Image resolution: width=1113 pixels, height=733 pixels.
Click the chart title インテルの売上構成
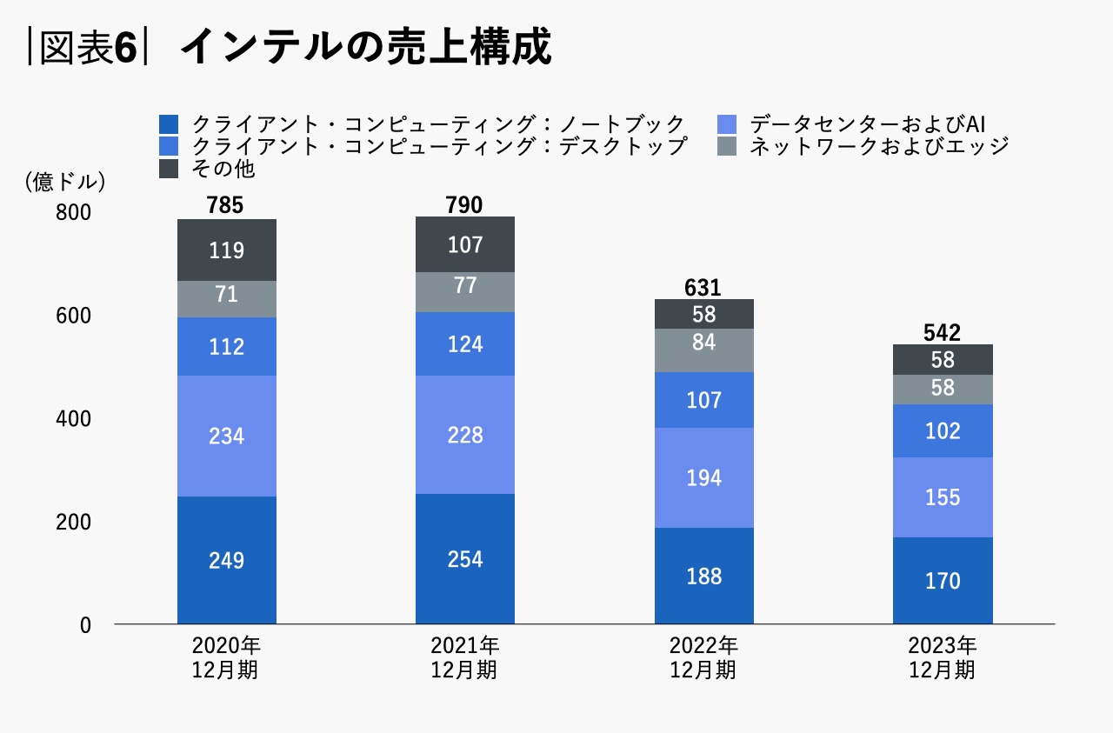(365, 48)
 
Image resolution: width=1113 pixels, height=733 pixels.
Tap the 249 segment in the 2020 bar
(227, 560)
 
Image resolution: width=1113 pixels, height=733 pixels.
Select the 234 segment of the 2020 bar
(227, 436)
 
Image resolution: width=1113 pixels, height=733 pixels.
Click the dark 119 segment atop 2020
(227, 250)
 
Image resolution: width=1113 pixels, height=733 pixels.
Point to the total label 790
(465, 205)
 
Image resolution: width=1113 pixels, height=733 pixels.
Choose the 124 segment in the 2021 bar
(465, 343)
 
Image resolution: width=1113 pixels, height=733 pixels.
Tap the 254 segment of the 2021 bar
(465, 558)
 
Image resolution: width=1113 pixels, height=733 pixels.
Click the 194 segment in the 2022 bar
(703, 477)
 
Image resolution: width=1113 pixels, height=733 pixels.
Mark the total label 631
(703, 288)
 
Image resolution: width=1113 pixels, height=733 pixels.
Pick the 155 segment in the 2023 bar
(943, 497)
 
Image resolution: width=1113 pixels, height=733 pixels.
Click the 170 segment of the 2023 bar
(943, 580)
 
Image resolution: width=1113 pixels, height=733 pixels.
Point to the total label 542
(943, 333)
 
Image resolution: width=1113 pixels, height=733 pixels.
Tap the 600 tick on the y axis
(74, 316)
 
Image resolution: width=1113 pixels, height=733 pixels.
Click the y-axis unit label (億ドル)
(65, 182)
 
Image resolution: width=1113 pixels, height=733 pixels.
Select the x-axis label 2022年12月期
(703, 658)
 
